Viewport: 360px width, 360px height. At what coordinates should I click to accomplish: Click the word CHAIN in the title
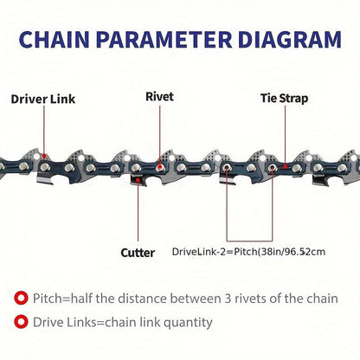[54, 39]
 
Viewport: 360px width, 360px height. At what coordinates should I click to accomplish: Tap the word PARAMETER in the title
[164, 39]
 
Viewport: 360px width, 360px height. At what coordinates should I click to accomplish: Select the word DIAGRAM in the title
[290, 39]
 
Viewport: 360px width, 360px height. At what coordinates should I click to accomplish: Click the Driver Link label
[43, 100]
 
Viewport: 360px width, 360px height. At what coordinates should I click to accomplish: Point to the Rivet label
[159, 97]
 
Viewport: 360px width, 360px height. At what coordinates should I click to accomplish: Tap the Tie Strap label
[285, 98]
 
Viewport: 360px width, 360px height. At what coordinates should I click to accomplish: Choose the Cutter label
[138, 253]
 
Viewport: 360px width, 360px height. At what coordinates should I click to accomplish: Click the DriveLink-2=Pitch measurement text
[248, 252]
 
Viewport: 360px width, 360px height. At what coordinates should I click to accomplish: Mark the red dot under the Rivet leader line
[159, 167]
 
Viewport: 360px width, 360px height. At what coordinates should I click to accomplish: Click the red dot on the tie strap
[285, 166]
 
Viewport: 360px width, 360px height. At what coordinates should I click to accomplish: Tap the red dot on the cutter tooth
[138, 180]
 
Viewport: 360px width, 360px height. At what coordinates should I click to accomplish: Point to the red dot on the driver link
[44, 156]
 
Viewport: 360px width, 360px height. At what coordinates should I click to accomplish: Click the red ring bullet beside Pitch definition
[21, 298]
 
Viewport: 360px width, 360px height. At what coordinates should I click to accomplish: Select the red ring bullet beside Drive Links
[21, 322]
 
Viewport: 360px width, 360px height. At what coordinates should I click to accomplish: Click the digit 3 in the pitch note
[228, 299]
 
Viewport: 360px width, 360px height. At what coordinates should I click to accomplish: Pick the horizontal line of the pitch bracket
[249, 241]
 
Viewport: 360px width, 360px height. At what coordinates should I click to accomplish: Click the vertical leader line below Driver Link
[44, 130]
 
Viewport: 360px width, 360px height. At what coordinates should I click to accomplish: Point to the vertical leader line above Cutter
[138, 211]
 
